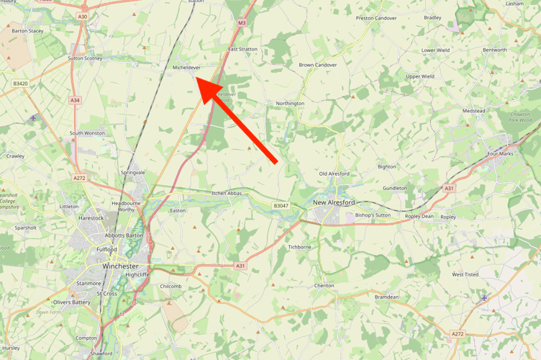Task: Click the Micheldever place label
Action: pos(186,67)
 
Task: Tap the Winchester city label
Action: pos(120,266)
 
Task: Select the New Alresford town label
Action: pos(334,203)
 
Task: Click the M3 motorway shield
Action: pos(242,23)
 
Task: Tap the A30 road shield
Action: pos(83,16)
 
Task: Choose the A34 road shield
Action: pos(76,100)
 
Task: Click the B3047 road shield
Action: pos(281,206)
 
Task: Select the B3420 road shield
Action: pos(20,84)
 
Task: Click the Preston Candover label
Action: pos(376,18)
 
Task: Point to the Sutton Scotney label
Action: pos(85,58)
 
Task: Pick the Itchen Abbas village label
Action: pos(227,193)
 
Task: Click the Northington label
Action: pos(290,103)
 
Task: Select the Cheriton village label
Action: pos(324,285)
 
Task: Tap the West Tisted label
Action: pos(465,274)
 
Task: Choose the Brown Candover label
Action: pos(318,65)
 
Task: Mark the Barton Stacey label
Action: pos(27,31)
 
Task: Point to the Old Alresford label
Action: pos(334,174)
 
